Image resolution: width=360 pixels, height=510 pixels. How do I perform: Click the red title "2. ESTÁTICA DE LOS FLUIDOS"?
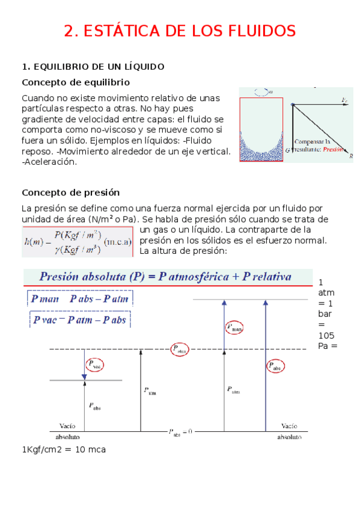click(180, 31)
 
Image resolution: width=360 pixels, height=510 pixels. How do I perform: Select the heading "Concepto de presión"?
click(70, 192)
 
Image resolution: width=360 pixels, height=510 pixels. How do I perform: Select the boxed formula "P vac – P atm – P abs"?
click(80, 319)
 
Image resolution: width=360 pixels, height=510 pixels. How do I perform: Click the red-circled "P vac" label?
click(94, 364)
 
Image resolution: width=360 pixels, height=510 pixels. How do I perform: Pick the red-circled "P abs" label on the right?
click(274, 366)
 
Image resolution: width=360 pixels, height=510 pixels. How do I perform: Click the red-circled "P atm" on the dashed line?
click(180, 349)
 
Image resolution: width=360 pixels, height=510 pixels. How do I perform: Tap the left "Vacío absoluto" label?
click(67, 431)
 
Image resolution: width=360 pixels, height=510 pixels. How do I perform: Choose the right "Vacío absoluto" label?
click(289, 431)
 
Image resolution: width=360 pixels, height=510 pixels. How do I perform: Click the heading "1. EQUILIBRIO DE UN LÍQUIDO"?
click(93, 66)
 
